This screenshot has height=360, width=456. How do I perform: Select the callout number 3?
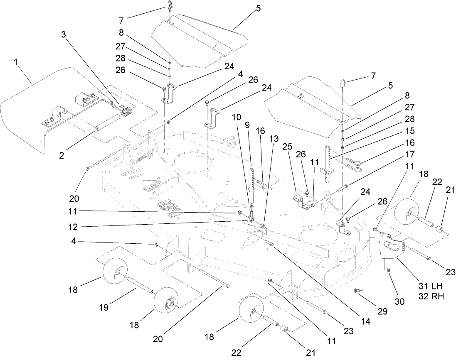[64, 35]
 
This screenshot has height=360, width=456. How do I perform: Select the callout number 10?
[236, 118]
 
